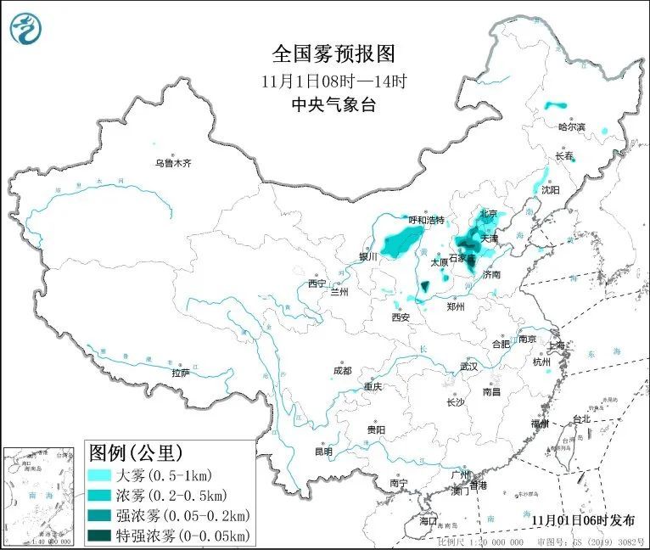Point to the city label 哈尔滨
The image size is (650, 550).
pyautogui.click(x=572, y=126)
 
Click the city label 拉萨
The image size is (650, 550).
pyautogui.click(x=180, y=372)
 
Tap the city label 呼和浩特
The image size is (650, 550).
pyautogui.click(x=427, y=220)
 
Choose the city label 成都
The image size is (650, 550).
pyautogui.click(x=342, y=370)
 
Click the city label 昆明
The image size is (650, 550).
pyautogui.click(x=323, y=451)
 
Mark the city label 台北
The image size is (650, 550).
pyautogui.click(x=581, y=418)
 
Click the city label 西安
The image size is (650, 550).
pyautogui.click(x=401, y=317)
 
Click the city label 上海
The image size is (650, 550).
pyautogui.click(x=557, y=345)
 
